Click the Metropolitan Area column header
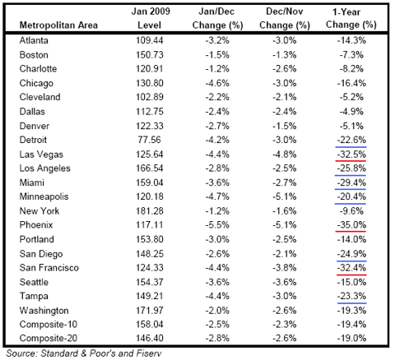(58, 25)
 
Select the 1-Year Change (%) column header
(351, 18)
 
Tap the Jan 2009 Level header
(151, 18)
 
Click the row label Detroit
(33, 140)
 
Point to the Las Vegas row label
(41, 155)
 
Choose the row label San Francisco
(49, 268)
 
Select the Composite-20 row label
(49, 338)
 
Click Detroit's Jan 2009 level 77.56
(149, 140)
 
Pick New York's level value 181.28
(150, 211)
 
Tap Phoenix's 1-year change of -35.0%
(351, 225)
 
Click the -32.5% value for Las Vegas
(351, 155)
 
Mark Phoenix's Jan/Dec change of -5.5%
(217, 225)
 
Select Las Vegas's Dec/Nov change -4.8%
(285, 155)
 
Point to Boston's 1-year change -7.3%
(351, 55)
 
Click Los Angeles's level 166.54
(150, 168)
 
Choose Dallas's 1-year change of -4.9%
(351, 112)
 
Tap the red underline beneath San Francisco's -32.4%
(351, 275)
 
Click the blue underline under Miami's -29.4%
(351, 189)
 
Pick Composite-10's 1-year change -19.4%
(351, 325)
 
